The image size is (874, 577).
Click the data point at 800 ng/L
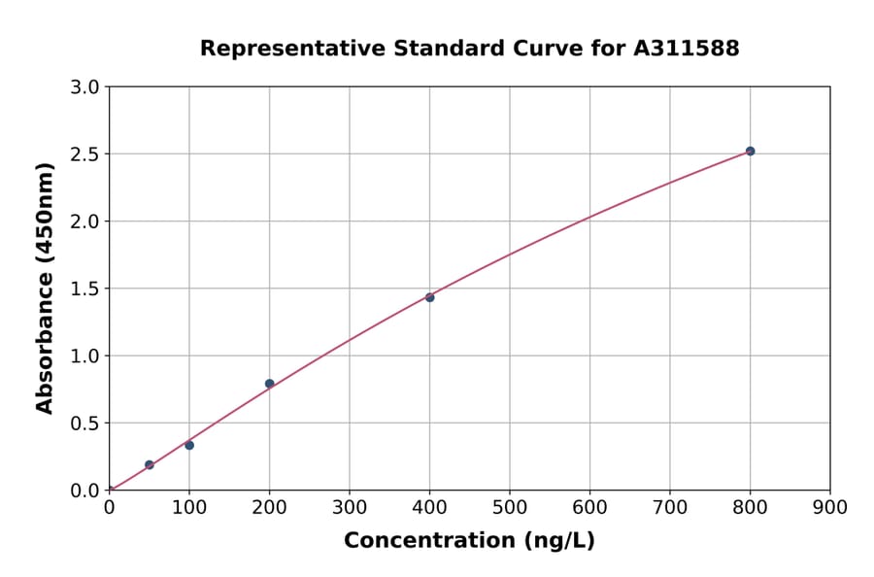point(750,152)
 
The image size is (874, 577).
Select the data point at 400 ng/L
point(429,297)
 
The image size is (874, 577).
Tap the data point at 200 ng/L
point(269,384)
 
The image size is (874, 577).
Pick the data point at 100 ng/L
point(189,445)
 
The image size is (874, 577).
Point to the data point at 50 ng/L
point(150,464)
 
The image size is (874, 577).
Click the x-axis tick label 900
point(830,507)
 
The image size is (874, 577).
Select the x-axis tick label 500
point(510,507)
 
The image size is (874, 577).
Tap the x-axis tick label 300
point(350,507)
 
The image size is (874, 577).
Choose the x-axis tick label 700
point(670,507)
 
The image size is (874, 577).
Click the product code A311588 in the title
point(687,49)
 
